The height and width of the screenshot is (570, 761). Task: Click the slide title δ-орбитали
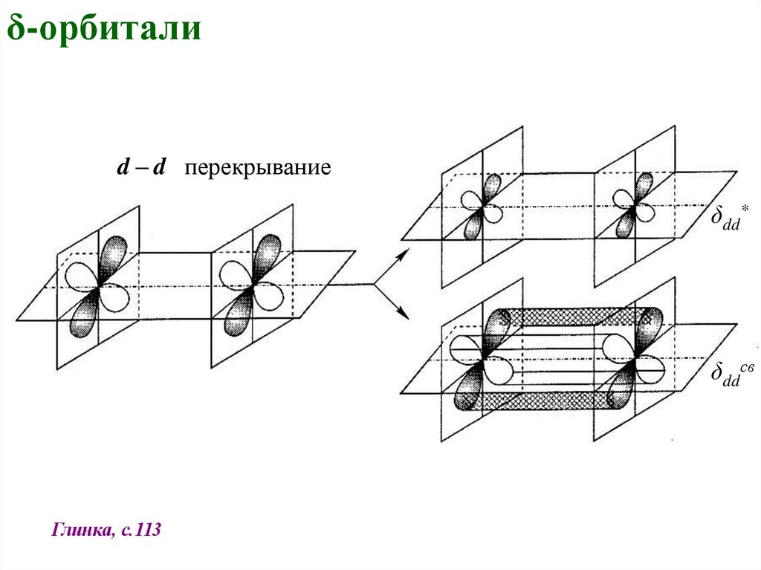pos(104,30)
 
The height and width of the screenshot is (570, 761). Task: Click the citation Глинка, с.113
pos(107,531)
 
